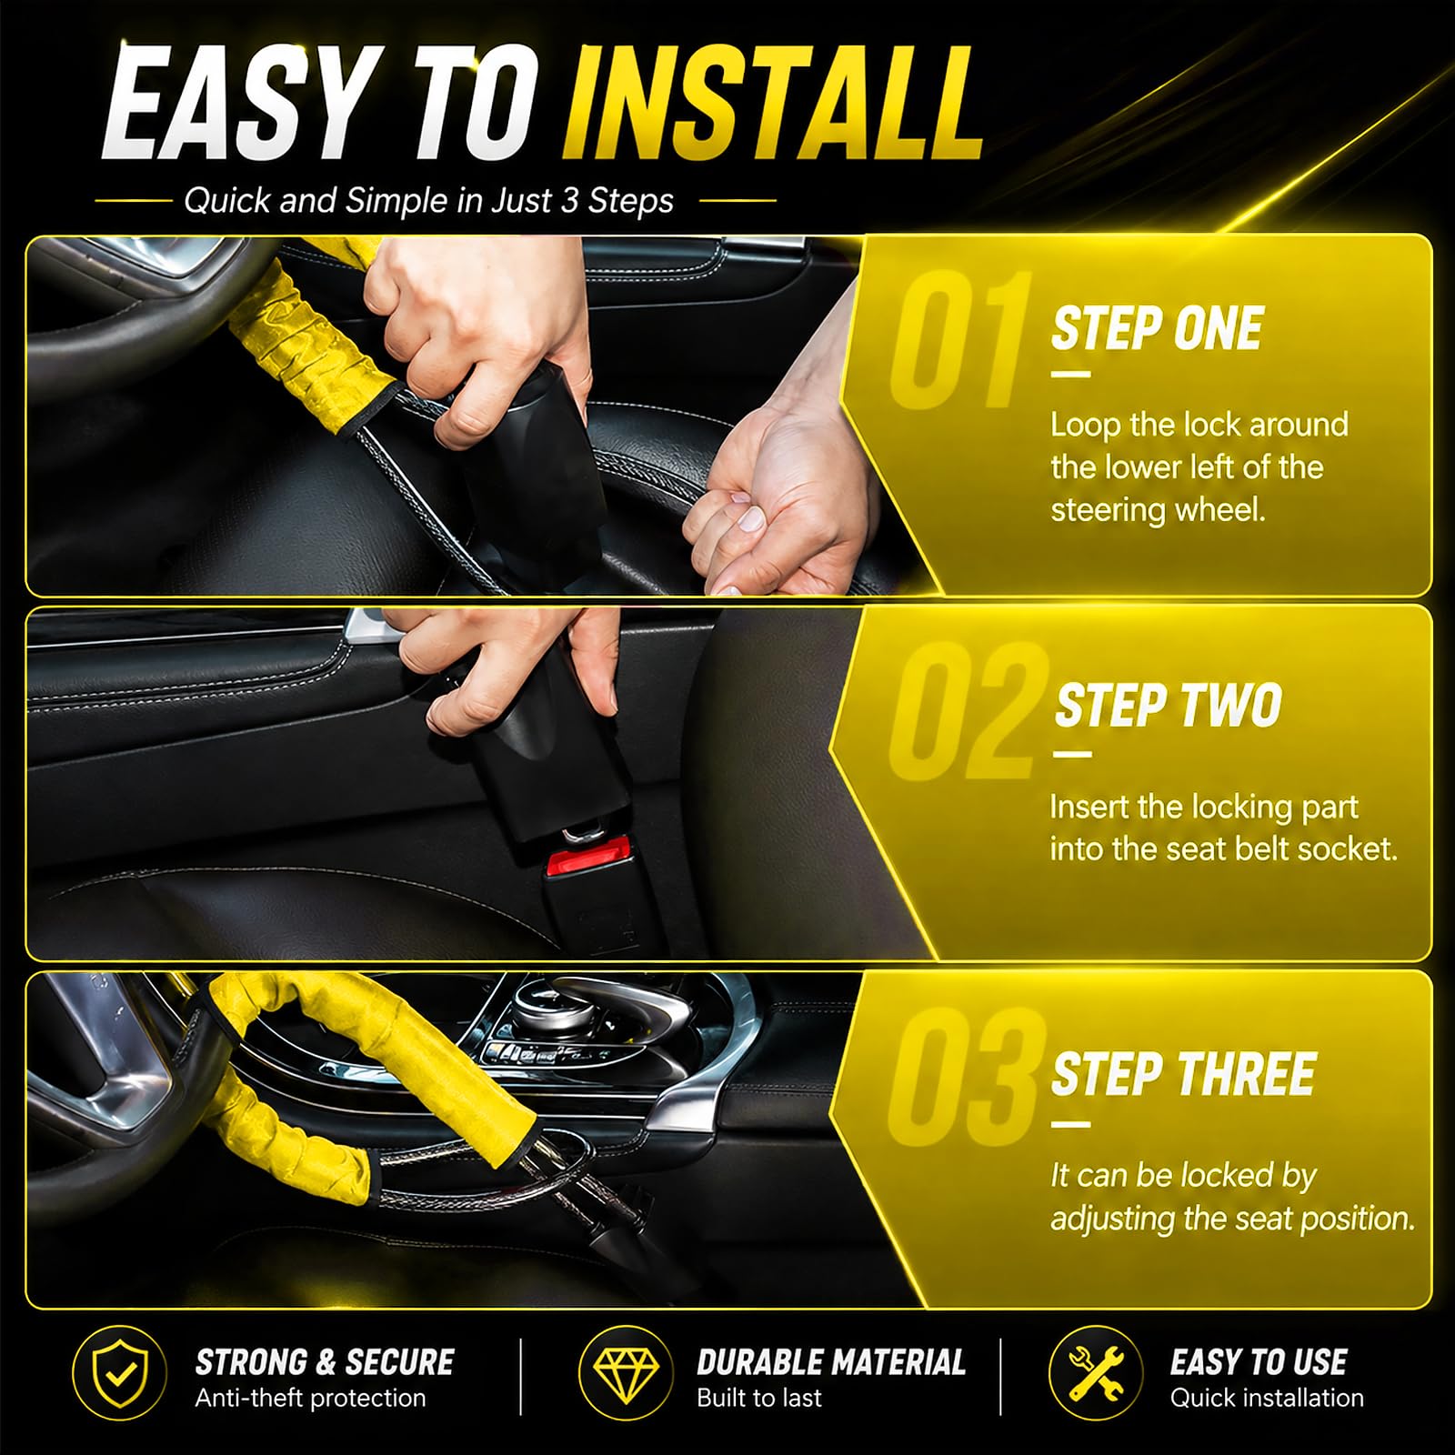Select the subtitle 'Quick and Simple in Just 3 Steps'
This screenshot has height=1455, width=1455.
428,200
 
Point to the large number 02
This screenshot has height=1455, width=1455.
967,711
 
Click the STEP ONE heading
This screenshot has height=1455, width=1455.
1157,328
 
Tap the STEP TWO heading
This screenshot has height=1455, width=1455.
1168,705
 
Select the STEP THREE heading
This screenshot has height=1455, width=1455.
1184,1074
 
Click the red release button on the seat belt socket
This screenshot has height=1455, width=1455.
588,858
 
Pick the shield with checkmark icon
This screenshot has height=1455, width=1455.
119,1373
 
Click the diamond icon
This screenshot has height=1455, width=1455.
626,1373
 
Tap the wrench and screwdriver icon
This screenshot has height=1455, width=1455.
1096,1373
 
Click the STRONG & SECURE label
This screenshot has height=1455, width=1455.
325,1361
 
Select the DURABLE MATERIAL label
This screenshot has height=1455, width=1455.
831,1361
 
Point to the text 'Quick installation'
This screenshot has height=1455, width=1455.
1267,1398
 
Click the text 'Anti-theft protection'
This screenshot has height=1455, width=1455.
310,1398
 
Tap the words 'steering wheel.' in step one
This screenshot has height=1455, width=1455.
1158,509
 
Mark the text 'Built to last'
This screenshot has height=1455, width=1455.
758,1398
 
